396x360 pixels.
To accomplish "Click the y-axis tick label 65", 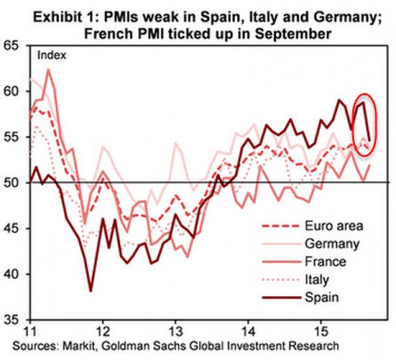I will tap(13, 47).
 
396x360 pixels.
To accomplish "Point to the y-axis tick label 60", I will tap(13, 92).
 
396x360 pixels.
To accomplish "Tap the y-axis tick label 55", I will tap(13, 137).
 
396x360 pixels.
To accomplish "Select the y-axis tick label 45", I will tap(13, 229).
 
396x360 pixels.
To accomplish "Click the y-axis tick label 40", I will tap(13, 274).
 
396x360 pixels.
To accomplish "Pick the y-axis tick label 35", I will tap(13, 320).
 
